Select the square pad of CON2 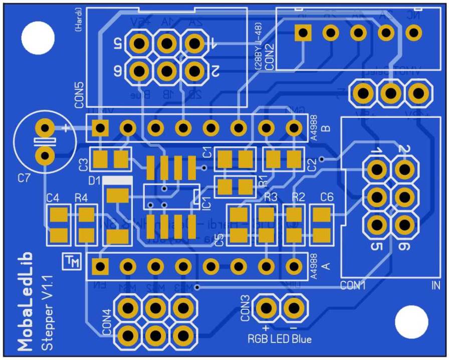[303, 34]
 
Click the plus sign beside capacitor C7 [66, 128]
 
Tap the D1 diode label [95, 179]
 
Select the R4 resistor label [82, 198]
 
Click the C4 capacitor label [53, 198]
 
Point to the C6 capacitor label [327, 198]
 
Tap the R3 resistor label [271, 198]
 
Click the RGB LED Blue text [280, 339]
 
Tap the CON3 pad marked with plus [266, 307]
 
